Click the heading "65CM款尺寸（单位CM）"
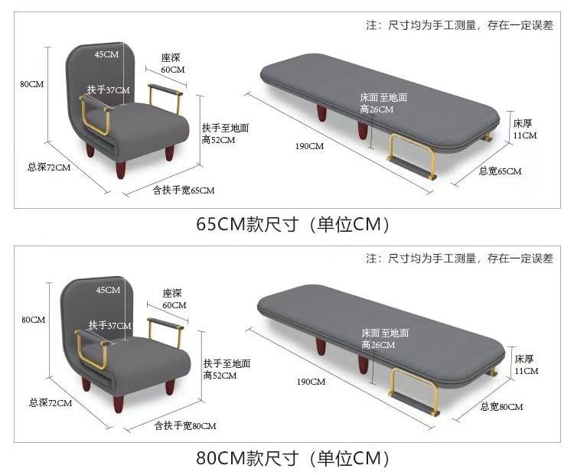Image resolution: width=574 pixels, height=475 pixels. (292, 224)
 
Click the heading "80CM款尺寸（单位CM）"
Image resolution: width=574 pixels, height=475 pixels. (292, 458)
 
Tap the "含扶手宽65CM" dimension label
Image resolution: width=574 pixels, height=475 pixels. (184, 190)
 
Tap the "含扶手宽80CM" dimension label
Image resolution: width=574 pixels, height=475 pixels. (185, 425)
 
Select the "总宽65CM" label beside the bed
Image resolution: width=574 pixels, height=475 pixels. (500, 171)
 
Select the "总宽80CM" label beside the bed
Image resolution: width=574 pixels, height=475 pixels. (501, 407)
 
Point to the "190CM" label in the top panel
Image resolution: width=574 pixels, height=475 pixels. (309, 146)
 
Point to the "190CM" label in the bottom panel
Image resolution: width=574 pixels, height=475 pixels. (311, 382)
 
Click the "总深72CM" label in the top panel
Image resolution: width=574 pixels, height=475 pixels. (49, 168)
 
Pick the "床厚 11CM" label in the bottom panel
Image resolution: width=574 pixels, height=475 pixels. (527, 365)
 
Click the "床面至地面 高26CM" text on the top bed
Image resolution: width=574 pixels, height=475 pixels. (383, 103)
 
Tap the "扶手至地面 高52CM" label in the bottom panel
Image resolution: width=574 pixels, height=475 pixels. (227, 369)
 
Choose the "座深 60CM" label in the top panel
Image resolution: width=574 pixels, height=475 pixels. (173, 63)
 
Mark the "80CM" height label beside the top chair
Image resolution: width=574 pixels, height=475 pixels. (32, 84)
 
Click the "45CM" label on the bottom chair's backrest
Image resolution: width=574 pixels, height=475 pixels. (108, 290)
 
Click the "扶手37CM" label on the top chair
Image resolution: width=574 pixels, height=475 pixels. (109, 90)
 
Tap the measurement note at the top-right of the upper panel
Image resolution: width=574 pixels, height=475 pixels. (459, 25)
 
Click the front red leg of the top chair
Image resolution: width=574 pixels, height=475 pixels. (121, 170)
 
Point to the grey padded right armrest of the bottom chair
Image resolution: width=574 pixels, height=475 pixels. (165, 324)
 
